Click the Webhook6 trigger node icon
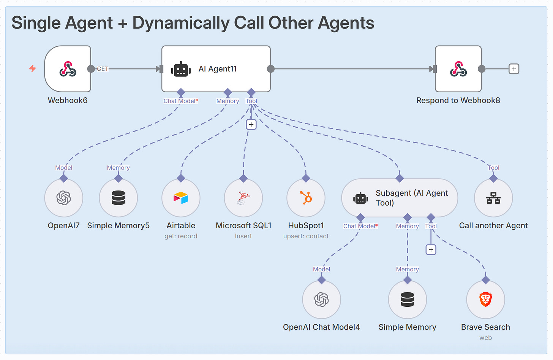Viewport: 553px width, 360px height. click(68, 69)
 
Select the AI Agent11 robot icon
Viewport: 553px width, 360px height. click(181, 69)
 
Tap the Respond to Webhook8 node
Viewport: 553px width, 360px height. click(458, 69)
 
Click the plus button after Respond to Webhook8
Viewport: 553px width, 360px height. click(514, 69)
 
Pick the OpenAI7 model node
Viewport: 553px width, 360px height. click(64, 198)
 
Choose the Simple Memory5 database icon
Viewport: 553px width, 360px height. click(118, 198)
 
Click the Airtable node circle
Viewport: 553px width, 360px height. click(181, 198)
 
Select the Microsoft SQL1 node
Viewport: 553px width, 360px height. click(243, 198)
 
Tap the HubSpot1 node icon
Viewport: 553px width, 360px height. click(306, 198)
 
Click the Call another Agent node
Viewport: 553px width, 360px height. click(493, 198)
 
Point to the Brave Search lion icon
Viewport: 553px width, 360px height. click(486, 299)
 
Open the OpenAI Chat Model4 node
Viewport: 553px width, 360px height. click(321, 300)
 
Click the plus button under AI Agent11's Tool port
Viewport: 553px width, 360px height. click(251, 125)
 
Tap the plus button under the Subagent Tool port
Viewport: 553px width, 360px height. click(431, 249)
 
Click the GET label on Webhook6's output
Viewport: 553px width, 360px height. click(103, 69)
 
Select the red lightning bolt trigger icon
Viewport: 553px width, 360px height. click(33, 68)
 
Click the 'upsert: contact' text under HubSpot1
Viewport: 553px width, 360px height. click(306, 236)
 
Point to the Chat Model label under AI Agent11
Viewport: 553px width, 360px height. click(181, 101)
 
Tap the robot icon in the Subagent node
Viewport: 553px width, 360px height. click(360, 198)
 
